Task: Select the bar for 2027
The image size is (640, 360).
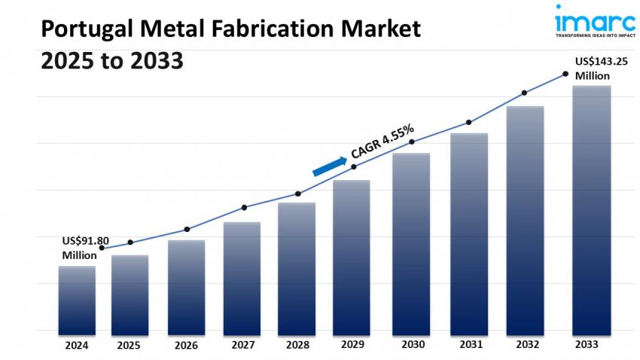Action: tap(242, 278)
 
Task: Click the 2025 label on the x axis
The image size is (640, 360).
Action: tap(129, 346)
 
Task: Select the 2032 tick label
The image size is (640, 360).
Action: tap(525, 345)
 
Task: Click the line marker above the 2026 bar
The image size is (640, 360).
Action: tap(187, 229)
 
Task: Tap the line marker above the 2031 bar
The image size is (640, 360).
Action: tap(468, 122)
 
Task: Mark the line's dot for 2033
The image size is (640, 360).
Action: tap(565, 74)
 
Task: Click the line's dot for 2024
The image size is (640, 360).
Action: tap(102, 248)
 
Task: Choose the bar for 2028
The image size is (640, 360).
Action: tap(297, 268)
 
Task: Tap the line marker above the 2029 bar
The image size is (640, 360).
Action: tap(355, 166)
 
